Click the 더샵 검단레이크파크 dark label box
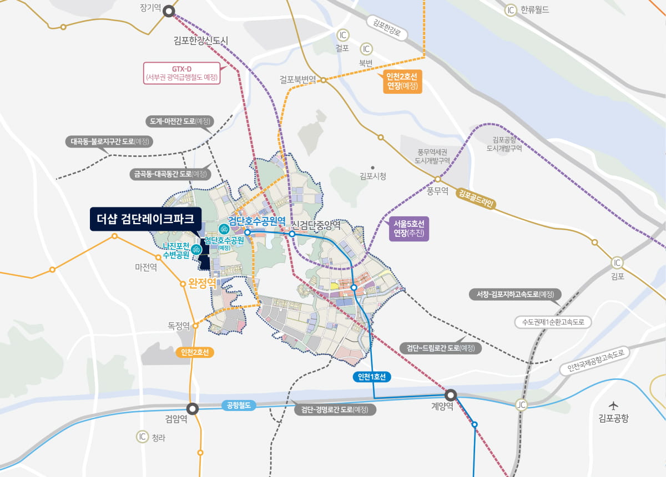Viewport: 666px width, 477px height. coord(145,219)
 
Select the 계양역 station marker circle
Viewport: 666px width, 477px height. coord(451,395)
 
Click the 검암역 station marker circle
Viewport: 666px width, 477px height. coord(193,409)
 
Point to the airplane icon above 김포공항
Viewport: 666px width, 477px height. coord(613,405)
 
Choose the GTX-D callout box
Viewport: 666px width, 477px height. coord(181,72)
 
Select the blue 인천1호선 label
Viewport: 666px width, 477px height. coord(372,377)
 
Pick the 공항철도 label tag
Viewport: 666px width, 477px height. coord(238,405)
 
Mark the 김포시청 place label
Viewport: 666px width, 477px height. coord(373,176)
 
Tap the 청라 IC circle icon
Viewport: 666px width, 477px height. coord(143,437)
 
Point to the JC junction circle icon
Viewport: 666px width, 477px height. coord(520,404)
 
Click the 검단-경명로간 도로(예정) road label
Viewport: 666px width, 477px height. coord(335,410)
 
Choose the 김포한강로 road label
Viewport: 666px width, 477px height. coord(387,28)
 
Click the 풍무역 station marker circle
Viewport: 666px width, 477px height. coord(437,179)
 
